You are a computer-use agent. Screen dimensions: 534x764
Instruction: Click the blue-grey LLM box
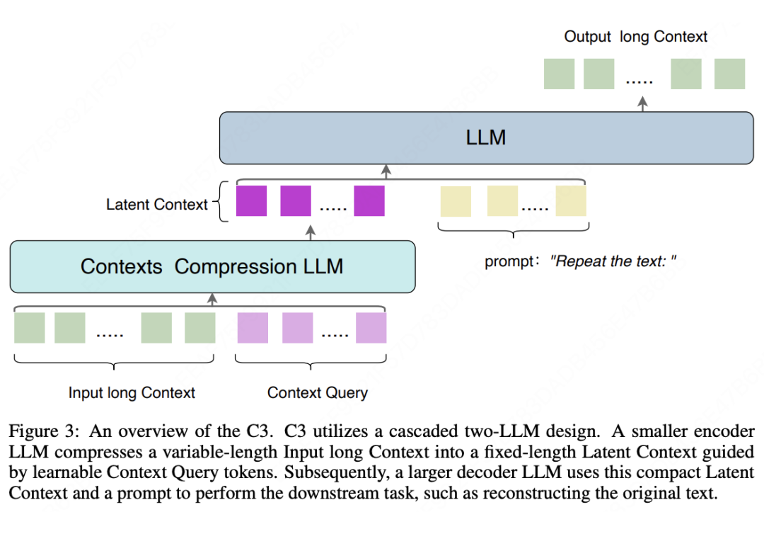tap(486, 138)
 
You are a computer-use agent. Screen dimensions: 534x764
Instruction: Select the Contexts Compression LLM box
tap(212, 266)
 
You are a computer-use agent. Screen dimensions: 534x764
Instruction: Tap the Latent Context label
tap(157, 205)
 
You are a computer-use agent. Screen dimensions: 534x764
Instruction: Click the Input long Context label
tap(132, 392)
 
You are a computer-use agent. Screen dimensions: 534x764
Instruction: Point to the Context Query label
tap(318, 392)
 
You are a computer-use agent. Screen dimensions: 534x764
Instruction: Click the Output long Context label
tap(635, 37)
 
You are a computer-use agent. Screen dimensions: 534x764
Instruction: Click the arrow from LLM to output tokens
tap(642, 103)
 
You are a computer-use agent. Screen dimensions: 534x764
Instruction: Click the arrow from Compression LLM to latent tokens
tap(310, 232)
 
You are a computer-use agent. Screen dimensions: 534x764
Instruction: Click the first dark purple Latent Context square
tap(251, 201)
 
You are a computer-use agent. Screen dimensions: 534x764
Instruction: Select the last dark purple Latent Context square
tap(369, 201)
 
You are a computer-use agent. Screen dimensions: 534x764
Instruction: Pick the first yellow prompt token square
tap(456, 201)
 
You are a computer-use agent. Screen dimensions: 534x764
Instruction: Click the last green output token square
tap(729, 74)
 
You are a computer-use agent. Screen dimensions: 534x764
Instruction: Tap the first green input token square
tap(30, 328)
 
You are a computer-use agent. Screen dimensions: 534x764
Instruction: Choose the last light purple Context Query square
tap(371, 328)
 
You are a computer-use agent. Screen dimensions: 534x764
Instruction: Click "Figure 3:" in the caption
tap(41, 431)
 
